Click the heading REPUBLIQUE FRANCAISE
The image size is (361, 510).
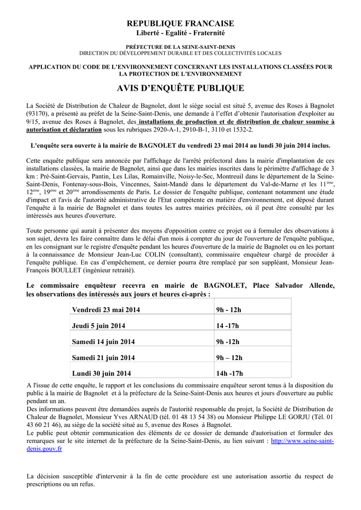(180, 23)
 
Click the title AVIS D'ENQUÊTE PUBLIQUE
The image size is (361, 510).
(180, 88)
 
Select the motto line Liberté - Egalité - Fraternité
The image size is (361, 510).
(180, 33)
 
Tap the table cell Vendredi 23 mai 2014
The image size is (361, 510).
(106, 310)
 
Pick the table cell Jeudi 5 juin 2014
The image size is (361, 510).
(99, 326)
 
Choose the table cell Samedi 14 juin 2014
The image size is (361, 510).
(103, 342)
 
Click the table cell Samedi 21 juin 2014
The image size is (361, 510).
(103, 358)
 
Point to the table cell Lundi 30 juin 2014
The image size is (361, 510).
(101, 374)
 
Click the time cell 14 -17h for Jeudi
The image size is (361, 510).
(227, 326)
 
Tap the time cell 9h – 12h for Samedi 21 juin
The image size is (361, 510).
(229, 358)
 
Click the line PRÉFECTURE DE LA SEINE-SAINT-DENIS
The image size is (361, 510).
(180, 46)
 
